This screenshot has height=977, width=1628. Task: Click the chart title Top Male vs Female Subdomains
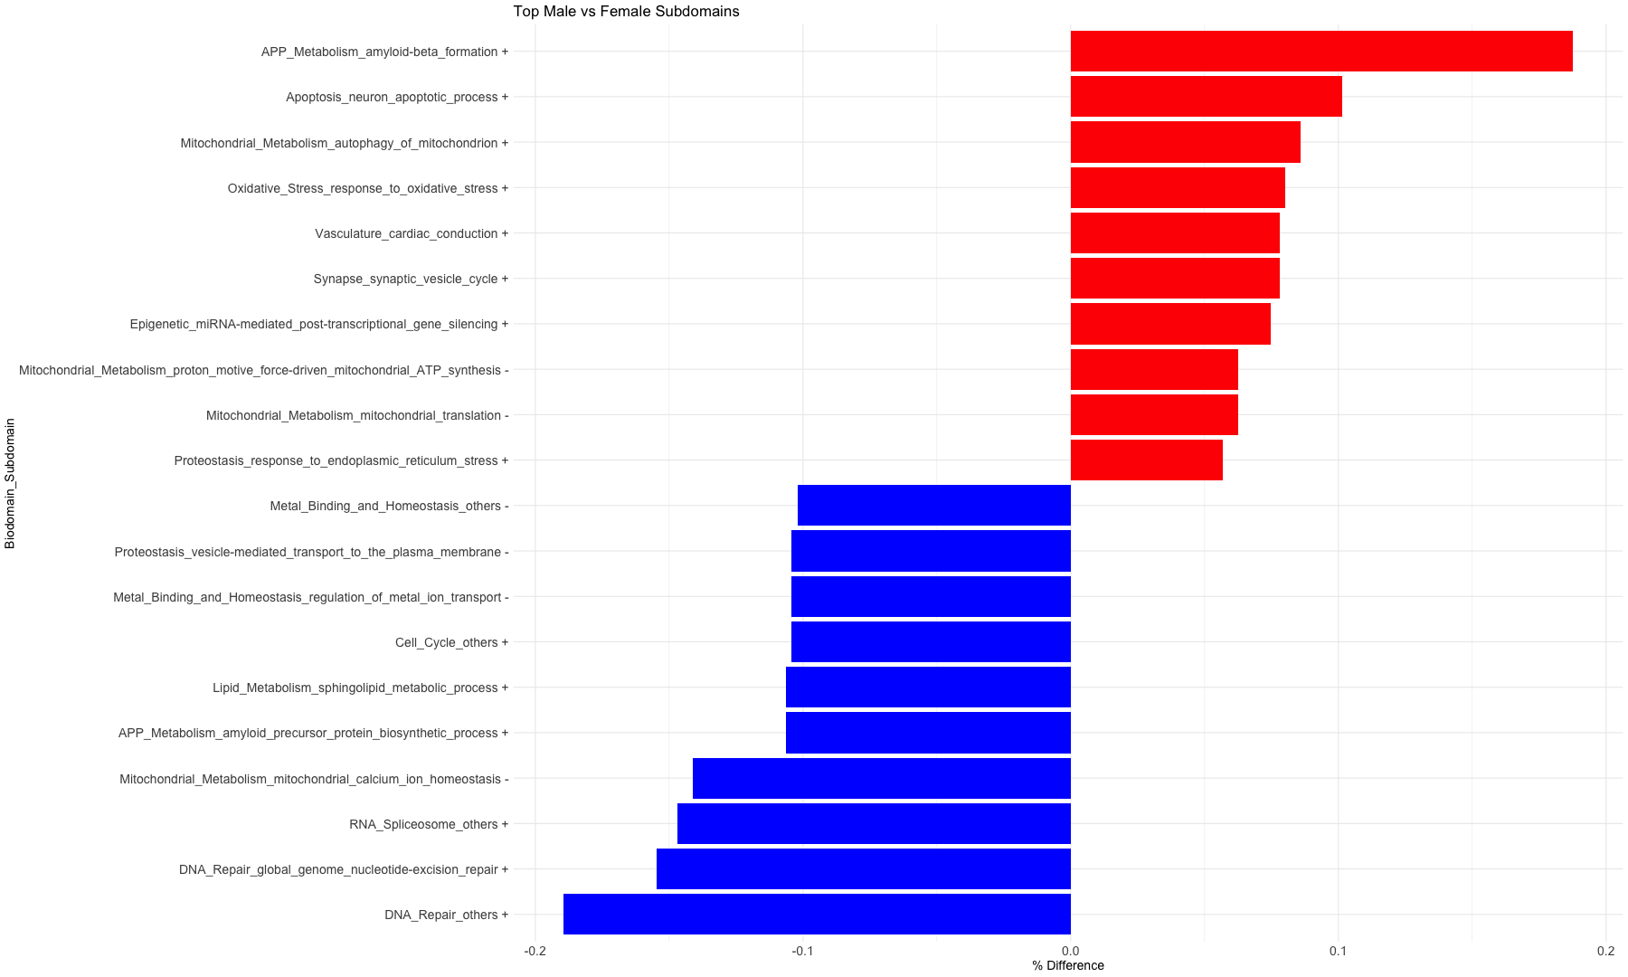tap(626, 12)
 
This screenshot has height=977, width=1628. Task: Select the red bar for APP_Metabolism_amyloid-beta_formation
tap(1320, 52)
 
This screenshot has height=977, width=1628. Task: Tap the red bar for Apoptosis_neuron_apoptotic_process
tap(1206, 97)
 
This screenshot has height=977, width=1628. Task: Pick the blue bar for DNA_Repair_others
tap(817, 915)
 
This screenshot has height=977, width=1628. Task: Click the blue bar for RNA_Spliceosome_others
tap(874, 824)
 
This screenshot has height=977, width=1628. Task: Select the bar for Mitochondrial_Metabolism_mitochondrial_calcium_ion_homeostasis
tap(882, 779)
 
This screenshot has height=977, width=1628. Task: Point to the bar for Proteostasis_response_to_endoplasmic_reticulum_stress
tap(1146, 460)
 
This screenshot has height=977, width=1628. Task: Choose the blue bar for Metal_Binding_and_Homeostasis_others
tap(934, 506)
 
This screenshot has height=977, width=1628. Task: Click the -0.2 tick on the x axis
tap(535, 951)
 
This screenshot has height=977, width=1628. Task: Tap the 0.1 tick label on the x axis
tap(1338, 951)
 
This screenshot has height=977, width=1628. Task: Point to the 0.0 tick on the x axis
tap(1071, 951)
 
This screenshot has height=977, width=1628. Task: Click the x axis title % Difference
tap(1068, 965)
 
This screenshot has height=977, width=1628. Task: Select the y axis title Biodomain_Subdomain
tap(10, 483)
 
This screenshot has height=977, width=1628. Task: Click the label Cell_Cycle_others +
tap(451, 642)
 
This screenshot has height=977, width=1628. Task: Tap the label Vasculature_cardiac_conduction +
tap(412, 233)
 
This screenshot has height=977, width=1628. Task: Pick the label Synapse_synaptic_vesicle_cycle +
tap(411, 279)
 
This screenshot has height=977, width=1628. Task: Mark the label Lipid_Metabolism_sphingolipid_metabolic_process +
tap(360, 688)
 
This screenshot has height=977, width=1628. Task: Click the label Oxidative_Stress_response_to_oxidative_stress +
tap(367, 188)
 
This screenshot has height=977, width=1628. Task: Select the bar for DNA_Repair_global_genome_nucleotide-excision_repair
tap(864, 869)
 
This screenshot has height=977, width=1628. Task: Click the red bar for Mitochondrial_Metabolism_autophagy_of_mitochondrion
tap(1185, 142)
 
